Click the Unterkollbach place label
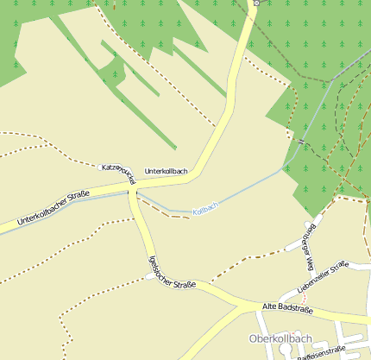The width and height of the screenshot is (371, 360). [x=166, y=171]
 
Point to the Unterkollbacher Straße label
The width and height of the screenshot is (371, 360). [x=53, y=209]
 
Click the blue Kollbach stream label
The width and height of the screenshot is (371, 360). [x=205, y=209]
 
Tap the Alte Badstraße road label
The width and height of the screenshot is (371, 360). [x=286, y=307]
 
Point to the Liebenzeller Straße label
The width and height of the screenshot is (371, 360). [x=322, y=275]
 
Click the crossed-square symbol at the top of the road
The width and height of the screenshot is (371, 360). [x=256, y=3]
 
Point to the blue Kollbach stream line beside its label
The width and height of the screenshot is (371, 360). [x=173, y=210]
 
